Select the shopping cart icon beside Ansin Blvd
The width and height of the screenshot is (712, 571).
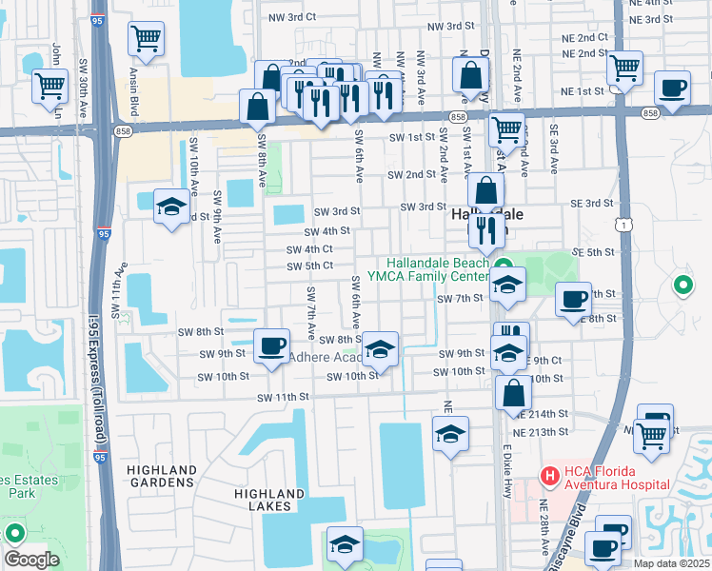point(146,39)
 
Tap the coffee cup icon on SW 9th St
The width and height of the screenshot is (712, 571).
point(271,345)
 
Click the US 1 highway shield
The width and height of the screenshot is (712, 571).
point(621,223)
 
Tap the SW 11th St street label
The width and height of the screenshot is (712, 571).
point(283,397)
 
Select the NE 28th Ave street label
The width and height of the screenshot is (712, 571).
point(545,533)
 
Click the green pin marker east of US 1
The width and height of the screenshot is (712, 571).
point(682,284)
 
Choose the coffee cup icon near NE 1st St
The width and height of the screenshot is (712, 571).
point(672,87)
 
